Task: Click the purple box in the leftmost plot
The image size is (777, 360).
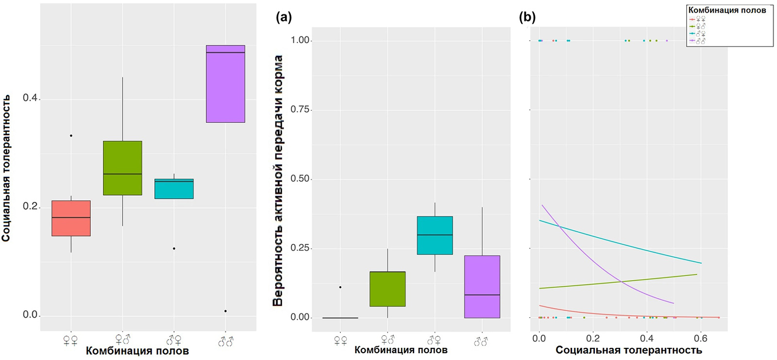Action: click(225, 84)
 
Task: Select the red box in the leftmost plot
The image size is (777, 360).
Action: click(71, 218)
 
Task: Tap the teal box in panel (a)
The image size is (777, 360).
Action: click(435, 235)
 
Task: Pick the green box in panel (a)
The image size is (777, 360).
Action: click(388, 289)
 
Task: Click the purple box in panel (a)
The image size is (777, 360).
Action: click(482, 287)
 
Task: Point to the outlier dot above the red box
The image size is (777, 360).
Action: click(71, 136)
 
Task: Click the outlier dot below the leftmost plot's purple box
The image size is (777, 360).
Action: click(225, 311)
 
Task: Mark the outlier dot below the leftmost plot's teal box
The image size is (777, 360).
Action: click(174, 249)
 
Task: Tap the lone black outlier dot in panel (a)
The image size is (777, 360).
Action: click(340, 287)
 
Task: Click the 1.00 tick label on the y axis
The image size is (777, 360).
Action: click(300, 40)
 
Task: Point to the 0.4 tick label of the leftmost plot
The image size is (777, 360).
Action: click(30, 98)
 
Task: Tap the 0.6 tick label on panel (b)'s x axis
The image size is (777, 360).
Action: click(701, 339)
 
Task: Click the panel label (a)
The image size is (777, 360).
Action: click(284, 17)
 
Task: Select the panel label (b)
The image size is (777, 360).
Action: click(527, 17)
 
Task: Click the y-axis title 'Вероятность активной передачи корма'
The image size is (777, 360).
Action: click(278, 181)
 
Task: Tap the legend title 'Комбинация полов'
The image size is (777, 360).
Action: click(727, 10)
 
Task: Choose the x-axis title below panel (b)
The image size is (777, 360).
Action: click(628, 350)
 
